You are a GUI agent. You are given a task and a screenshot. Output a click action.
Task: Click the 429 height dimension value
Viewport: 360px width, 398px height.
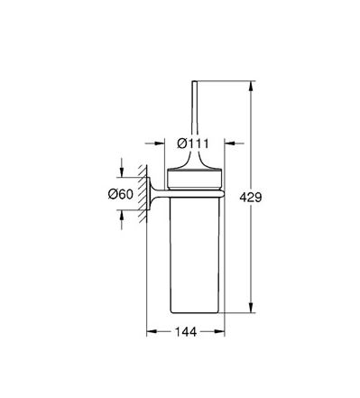[x=251, y=198]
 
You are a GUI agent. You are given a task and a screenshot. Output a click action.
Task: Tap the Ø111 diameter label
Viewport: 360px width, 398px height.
[x=193, y=143]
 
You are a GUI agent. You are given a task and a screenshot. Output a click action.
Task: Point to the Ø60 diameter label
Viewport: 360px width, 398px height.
[x=120, y=194]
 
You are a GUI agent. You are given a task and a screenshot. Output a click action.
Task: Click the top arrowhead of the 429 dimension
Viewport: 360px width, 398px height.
[x=251, y=86]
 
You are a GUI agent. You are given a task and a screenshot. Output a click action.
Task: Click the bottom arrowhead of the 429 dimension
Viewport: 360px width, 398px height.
[x=251, y=308]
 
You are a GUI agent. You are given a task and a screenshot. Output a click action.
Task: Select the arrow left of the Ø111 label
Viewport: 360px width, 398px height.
[x=154, y=143]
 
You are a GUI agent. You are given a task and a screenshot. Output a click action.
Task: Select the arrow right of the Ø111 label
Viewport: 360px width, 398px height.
[x=234, y=143]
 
